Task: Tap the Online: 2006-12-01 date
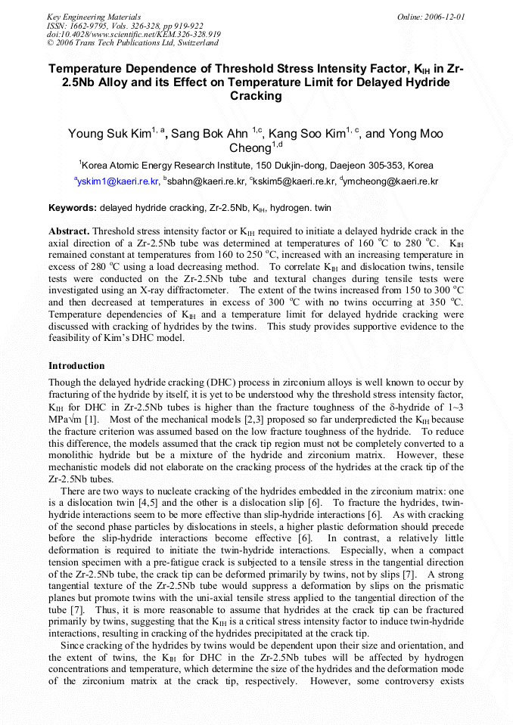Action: (431, 16)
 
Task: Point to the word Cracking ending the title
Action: (256, 96)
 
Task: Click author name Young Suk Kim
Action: (109, 135)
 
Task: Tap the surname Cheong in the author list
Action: (250, 149)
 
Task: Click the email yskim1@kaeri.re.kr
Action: (119, 181)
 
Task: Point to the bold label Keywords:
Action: (73, 207)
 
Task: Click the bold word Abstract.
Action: (69, 231)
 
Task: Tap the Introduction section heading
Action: (76, 365)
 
